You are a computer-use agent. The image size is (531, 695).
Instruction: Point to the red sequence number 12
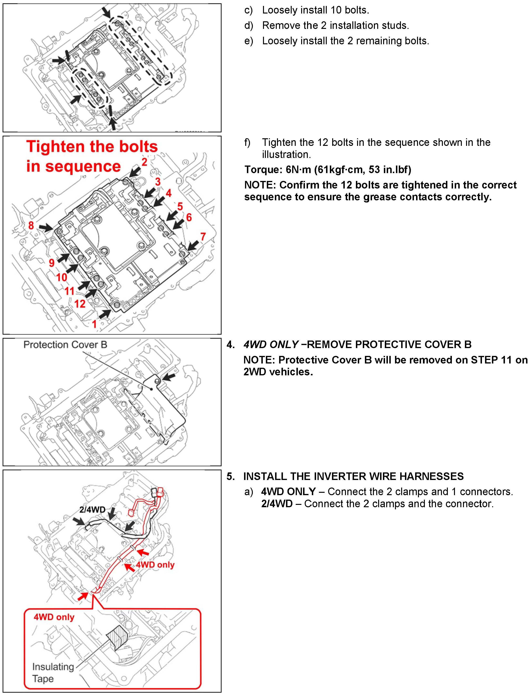click(80, 304)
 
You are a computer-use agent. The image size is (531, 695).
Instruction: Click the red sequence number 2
click(145, 162)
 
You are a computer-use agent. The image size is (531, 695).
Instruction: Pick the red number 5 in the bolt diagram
click(180, 206)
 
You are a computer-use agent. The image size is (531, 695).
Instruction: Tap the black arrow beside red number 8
click(45, 227)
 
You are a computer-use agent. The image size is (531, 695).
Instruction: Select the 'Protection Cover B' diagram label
click(65, 345)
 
